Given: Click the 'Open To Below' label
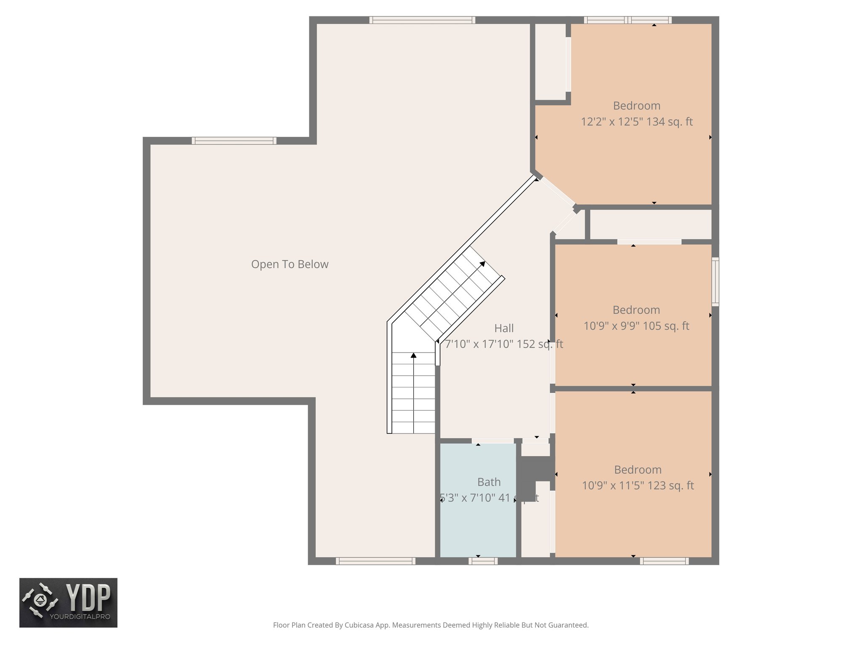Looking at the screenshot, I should click(x=290, y=264).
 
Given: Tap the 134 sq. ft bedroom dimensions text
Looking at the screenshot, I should click(x=636, y=122).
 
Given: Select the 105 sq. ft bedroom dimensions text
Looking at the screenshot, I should click(x=636, y=326).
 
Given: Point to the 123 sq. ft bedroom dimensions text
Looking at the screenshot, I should click(x=637, y=486).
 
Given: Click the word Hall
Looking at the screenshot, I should click(x=504, y=328).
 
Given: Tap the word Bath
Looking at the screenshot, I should click(x=489, y=482).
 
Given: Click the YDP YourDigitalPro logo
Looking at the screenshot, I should click(x=68, y=602).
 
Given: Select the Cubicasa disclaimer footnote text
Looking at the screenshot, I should click(x=431, y=625).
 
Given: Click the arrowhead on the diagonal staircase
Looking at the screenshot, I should click(x=482, y=264).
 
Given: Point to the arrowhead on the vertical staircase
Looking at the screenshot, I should click(x=413, y=356).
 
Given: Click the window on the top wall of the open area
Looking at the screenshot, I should click(x=422, y=20).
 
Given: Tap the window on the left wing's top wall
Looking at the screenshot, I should click(x=234, y=141).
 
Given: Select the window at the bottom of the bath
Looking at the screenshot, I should click(x=483, y=561).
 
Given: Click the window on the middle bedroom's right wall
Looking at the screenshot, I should click(x=715, y=281).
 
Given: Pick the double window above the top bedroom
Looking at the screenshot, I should click(x=627, y=20).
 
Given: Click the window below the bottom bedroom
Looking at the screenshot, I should click(x=664, y=561).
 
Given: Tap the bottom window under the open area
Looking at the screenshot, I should click(x=375, y=561).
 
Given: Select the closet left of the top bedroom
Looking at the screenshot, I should click(x=550, y=62).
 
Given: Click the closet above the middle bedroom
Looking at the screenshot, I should click(x=650, y=225).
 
